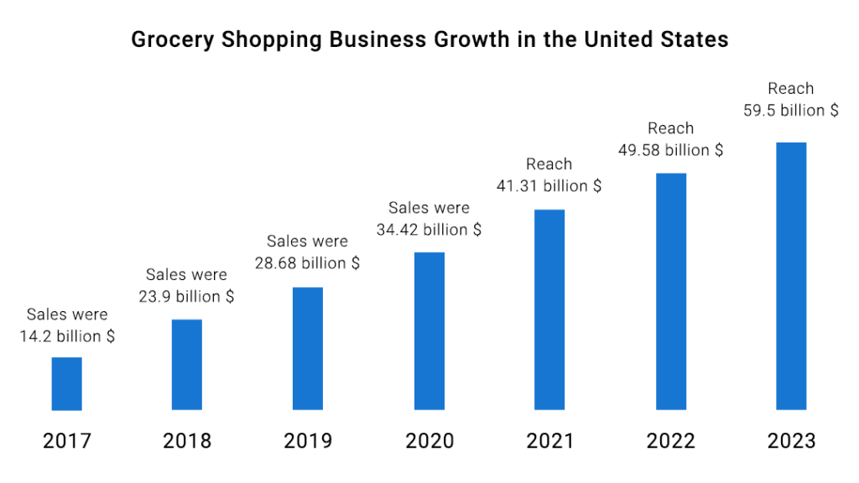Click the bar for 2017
pyautogui.click(x=67, y=384)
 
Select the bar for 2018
pyautogui.click(x=187, y=365)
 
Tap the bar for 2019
pyautogui.click(x=308, y=349)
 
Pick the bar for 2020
pyautogui.click(x=429, y=331)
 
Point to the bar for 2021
pyautogui.click(x=549, y=309)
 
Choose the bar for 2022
pyautogui.click(x=670, y=292)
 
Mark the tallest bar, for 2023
pyautogui.click(x=791, y=276)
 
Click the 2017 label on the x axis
pyautogui.click(x=67, y=440)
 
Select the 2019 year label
pyautogui.click(x=308, y=440)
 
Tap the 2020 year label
pyautogui.click(x=429, y=440)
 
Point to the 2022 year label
pyautogui.click(x=670, y=440)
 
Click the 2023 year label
pyautogui.click(x=791, y=440)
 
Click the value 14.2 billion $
pyautogui.click(x=67, y=336)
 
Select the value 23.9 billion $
pyautogui.click(x=186, y=297)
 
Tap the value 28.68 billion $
pyautogui.click(x=307, y=263)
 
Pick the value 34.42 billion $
pyautogui.click(x=429, y=229)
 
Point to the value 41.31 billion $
pyautogui.click(x=549, y=186)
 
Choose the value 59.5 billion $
pyautogui.click(x=790, y=110)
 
